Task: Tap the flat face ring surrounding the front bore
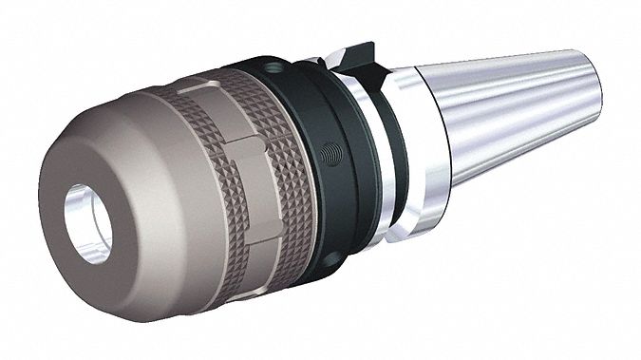(x=66, y=203)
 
